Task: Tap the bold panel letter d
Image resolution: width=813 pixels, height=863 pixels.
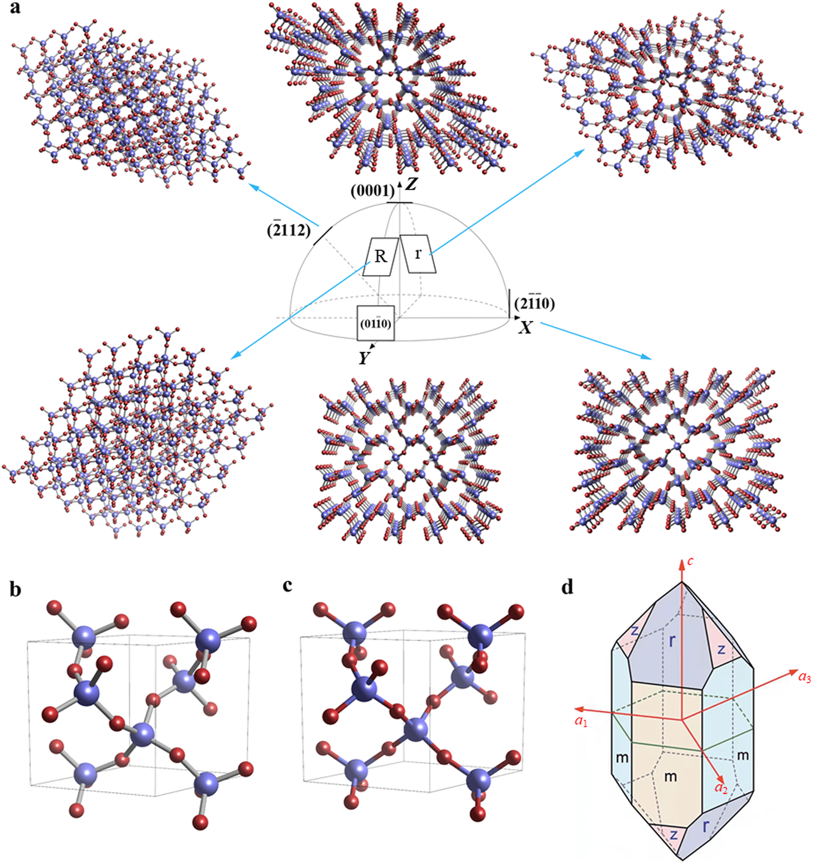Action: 567,588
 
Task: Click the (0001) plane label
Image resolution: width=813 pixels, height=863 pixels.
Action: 372,191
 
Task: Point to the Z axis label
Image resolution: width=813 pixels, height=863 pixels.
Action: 411,185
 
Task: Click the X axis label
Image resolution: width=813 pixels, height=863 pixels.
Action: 525,327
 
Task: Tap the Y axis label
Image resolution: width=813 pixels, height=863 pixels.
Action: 364,358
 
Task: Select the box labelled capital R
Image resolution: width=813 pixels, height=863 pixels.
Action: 380,256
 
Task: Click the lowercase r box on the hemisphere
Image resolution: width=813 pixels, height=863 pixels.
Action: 418,254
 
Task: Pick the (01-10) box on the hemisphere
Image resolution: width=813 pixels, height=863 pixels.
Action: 376,324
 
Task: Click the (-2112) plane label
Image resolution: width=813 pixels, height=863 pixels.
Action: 288,230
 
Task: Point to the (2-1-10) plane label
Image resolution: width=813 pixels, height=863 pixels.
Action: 534,303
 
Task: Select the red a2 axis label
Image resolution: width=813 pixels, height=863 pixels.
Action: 721,787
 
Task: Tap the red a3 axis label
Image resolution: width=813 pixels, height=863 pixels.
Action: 804,677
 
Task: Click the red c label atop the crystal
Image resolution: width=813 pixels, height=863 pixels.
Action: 690,561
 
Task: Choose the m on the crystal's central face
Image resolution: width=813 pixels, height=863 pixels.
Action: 670,777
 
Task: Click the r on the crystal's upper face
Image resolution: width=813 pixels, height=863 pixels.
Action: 672,641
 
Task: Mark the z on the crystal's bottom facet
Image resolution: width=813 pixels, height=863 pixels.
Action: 674,834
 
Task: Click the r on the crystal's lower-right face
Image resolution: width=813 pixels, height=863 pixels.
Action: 705,826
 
